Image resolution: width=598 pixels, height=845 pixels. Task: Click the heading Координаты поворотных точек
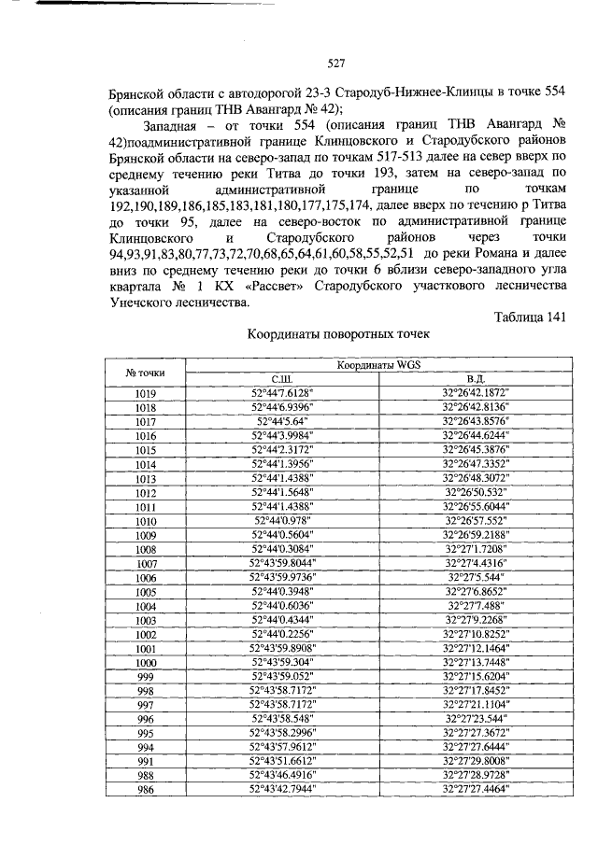point(339,335)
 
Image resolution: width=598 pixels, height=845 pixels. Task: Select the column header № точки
point(145,373)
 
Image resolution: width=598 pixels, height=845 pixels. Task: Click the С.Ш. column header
point(282,380)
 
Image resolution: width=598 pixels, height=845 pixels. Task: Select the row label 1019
point(145,394)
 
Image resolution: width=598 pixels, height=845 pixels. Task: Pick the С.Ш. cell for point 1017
point(282,422)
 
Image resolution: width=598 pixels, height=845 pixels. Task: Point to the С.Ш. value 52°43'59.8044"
point(282,563)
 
